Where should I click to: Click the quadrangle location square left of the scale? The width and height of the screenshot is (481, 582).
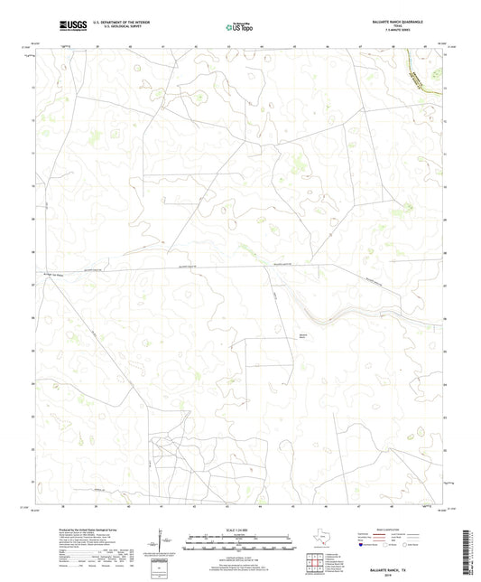click(163, 567)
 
